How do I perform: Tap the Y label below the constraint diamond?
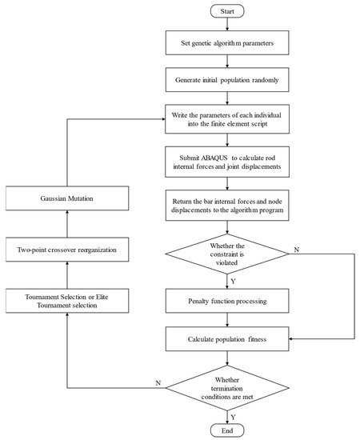pyautogui.click(x=234, y=281)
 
